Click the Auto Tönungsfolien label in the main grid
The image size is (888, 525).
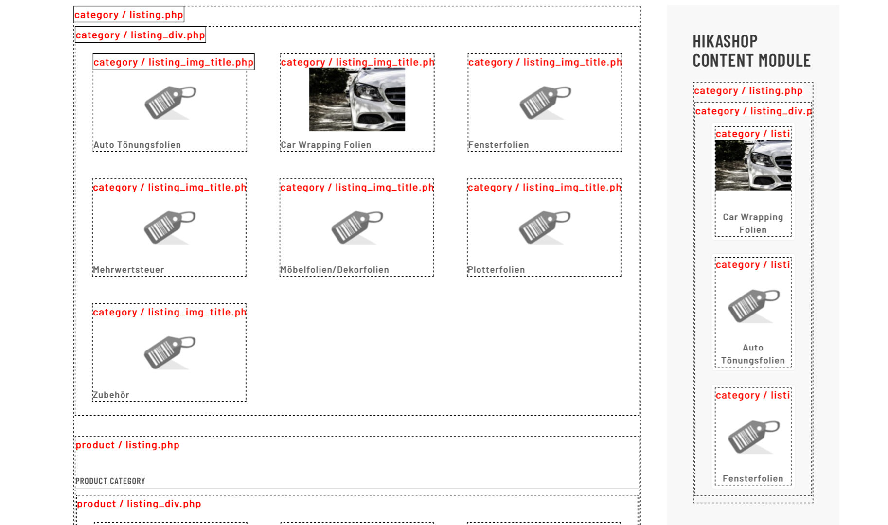pos(137,145)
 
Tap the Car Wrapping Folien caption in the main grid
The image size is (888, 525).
pos(326,145)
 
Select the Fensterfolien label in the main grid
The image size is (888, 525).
pos(498,145)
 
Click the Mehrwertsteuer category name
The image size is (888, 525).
pos(128,270)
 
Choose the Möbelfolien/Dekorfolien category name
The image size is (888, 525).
pos(335,270)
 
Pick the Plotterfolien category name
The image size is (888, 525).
pos(496,270)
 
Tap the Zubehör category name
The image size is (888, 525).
pos(111,395)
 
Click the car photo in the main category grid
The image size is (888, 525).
pos(357,99)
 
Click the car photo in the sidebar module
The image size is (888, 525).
pos(753,165)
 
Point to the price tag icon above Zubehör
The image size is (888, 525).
pos(170,352)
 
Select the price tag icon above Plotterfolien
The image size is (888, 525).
pos(545,227)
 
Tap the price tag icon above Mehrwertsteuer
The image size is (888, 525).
pos(170,227)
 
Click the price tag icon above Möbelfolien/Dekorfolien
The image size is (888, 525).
pos(357,227)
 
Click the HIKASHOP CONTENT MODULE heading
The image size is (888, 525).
pos(751,51)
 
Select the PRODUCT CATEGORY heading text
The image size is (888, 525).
pos(110,481)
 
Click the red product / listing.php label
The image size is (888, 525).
pos(127,445)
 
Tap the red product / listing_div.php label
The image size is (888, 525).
pos(139,504)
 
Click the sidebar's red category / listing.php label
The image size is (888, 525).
pos(748,91)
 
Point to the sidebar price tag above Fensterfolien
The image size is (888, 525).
pos(753,437)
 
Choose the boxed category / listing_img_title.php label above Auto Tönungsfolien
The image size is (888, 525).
pos(174,62)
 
